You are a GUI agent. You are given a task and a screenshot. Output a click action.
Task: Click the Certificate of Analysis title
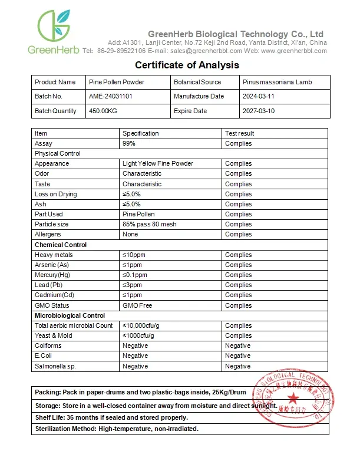187,65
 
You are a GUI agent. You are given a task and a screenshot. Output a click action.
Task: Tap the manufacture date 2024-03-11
258,97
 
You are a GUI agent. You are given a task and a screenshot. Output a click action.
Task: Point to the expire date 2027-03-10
258,111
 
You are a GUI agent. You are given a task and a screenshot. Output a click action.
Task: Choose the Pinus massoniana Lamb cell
276,82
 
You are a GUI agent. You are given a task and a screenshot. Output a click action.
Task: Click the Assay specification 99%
128,143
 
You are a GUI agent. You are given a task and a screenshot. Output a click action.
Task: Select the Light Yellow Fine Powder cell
157,163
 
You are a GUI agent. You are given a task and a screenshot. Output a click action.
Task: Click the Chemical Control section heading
60,245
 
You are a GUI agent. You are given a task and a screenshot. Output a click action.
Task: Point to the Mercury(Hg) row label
55,275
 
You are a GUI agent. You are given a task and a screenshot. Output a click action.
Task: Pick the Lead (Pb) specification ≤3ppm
133,285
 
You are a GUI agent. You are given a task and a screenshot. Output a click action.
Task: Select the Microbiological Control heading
70,315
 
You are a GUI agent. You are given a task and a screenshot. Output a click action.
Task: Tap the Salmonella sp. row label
55,366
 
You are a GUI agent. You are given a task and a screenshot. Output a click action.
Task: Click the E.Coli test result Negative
237,355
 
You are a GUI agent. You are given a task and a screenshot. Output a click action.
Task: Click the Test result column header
239,133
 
